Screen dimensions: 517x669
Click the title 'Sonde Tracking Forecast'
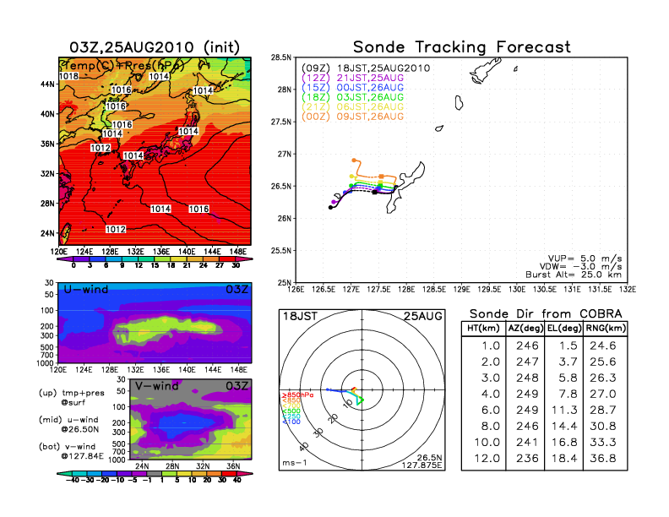(x=461, y=46)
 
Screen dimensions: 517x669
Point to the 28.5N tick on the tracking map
(x=280, y=57)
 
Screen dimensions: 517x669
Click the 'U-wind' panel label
(x=84, y=289)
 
